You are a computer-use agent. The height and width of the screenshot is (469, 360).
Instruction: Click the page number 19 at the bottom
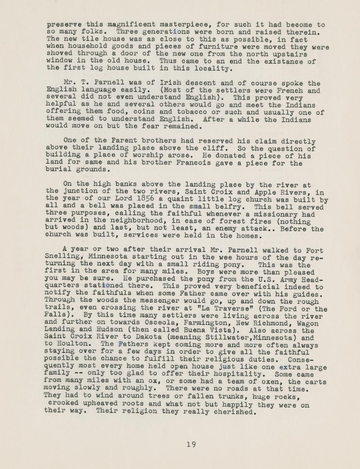(191, 444)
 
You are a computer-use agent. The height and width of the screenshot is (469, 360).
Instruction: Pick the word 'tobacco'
(192, 112)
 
